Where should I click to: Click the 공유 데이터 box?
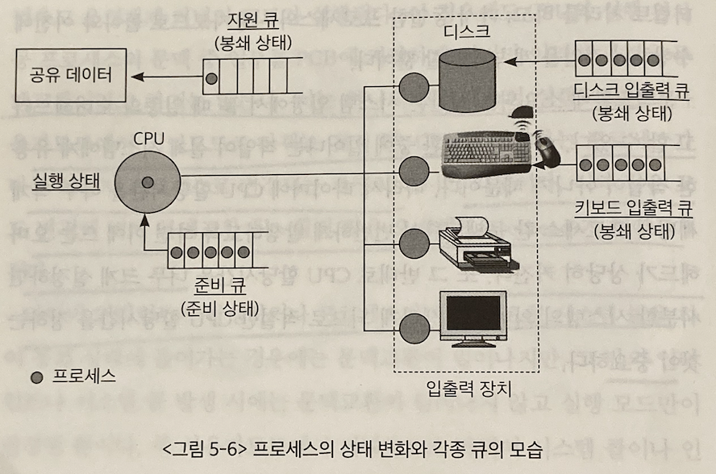click(x=69, y=77)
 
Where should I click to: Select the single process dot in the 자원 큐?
click(x=211, y=78)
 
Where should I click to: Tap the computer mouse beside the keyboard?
click(x=548, y=151)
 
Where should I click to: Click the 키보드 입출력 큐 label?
click(x=632, y=207)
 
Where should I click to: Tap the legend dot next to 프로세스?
click(x=35, y=376)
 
